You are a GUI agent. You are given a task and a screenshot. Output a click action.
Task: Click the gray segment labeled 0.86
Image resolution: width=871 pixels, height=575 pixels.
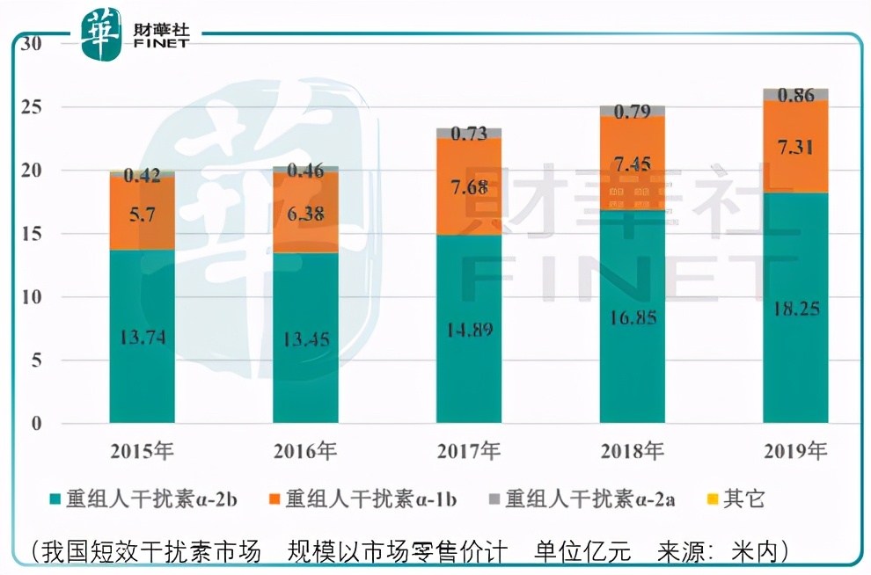click(794, 96)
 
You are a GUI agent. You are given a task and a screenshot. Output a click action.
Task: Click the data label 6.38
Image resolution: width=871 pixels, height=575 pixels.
click(305, 213)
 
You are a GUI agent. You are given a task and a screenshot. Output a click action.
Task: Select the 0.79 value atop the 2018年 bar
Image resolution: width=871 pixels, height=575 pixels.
click(633, 112)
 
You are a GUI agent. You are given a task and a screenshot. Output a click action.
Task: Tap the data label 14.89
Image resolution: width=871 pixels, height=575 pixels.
click(468, 330)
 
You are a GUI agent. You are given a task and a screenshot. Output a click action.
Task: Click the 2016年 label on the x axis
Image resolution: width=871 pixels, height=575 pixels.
click(305, 452)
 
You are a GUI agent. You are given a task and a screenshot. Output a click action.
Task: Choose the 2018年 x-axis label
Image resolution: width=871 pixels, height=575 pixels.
click(633, 452)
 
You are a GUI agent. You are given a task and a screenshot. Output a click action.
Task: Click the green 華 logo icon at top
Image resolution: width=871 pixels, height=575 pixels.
click(100, 33)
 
